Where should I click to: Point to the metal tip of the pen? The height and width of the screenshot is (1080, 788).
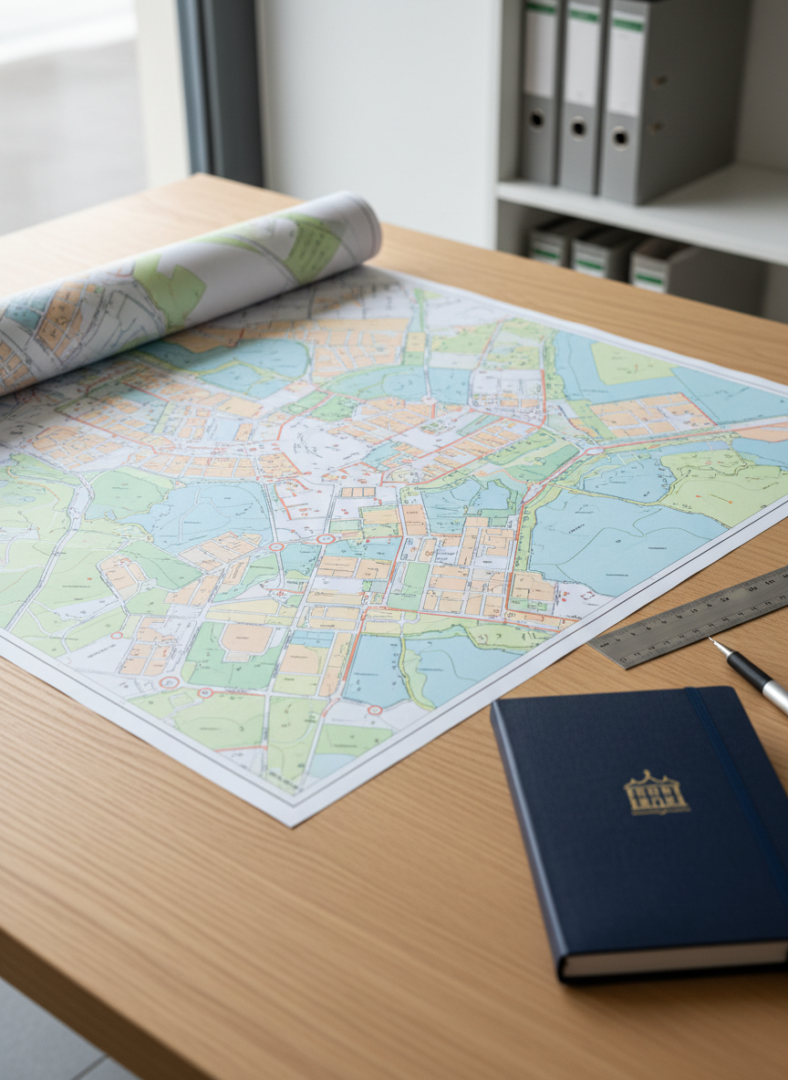click(715, 644)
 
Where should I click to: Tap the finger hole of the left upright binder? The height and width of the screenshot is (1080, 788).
click(535, 119)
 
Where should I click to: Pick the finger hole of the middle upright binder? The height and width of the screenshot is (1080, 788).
click(576, 128)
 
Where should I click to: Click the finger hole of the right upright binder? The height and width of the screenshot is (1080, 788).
click(620, 137)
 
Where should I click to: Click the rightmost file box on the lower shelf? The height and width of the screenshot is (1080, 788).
click(666, 269)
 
